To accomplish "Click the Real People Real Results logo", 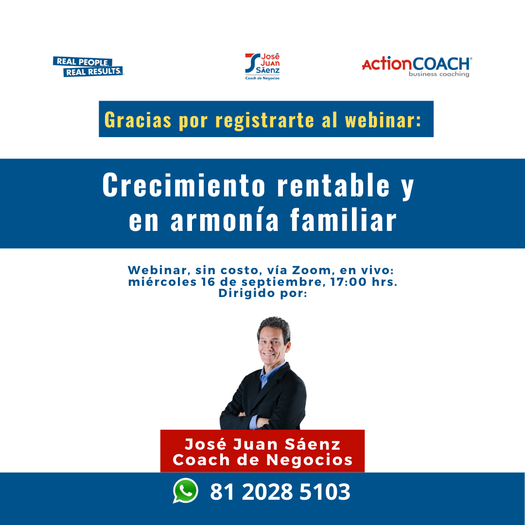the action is (x=88, y=66).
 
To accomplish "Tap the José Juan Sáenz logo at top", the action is (x=262, y=67).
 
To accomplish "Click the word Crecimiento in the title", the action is (x=184, y=185).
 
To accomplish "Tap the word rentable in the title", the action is (x=333, y=185).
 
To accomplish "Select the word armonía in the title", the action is (x=224, y=220).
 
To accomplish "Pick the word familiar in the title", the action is (x=343, y=219).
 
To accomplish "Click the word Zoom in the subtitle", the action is (x=312, y=270).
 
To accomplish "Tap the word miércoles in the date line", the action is (x=162, y=281).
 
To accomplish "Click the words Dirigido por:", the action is (x=263, y=293).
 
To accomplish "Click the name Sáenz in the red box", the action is (x=313, y=445).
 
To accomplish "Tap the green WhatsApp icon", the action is (x=186, y=490).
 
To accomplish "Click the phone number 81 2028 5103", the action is (x=280, y=492).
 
